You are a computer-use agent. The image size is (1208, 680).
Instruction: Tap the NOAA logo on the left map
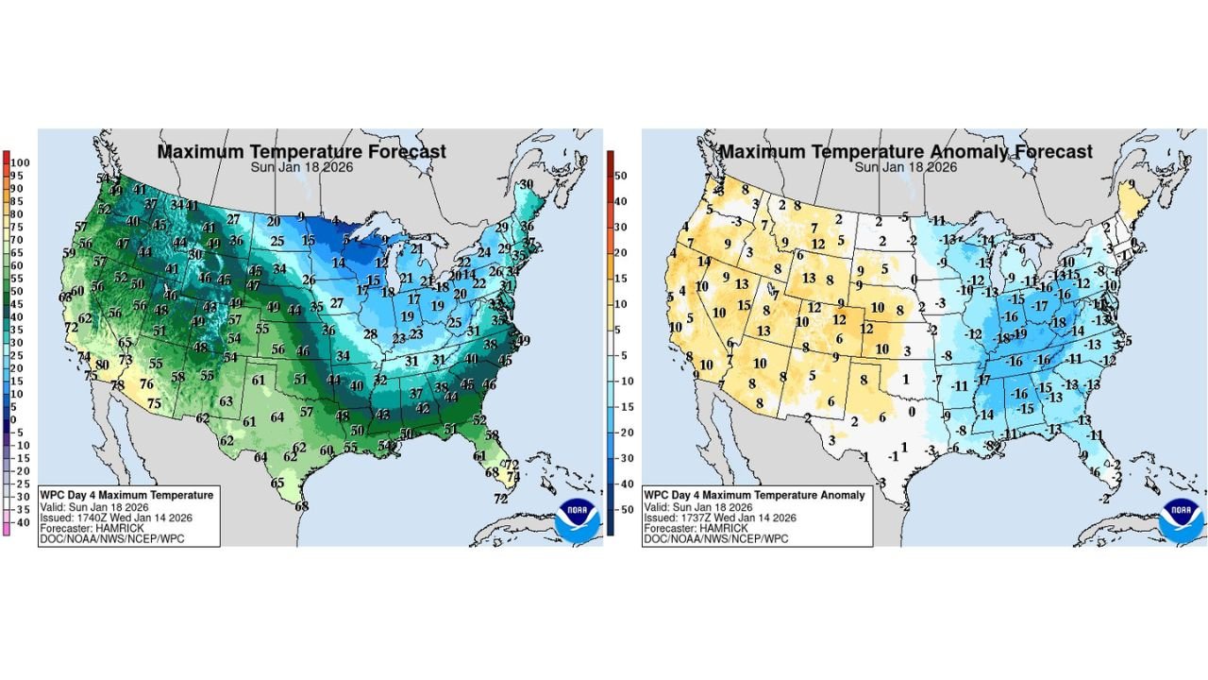click(577, 519)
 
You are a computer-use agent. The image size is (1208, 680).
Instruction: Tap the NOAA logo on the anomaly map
click(1180, 519)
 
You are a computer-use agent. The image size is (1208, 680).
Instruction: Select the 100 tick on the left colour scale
click(22, 163)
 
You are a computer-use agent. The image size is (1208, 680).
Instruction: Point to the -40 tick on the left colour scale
click(22, 522)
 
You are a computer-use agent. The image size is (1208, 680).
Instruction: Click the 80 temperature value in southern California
click(102, 365)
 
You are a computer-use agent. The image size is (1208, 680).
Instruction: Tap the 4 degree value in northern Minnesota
click(336, 219)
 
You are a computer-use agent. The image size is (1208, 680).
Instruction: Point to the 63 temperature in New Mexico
click(226, 401)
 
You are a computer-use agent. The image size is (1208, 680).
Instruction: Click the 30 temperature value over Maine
click(527, 184)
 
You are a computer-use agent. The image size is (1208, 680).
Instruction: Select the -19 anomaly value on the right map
click(1019, 333)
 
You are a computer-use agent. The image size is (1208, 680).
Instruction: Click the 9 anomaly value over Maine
click(1131, 184)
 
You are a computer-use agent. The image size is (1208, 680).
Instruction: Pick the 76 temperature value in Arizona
click(146, 383)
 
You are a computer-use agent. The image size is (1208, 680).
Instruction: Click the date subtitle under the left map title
click(301, 167)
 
